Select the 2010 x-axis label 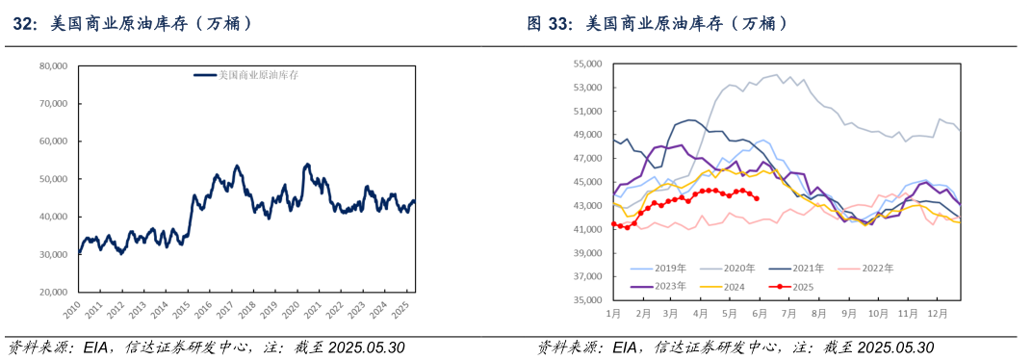[72, 309]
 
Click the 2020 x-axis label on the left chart [289, 309]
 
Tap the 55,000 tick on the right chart [587, 64]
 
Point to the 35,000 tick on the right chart [587, 300]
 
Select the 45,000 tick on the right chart [587, 182]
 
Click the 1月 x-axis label [613, 314]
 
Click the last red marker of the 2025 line [757, 198]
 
